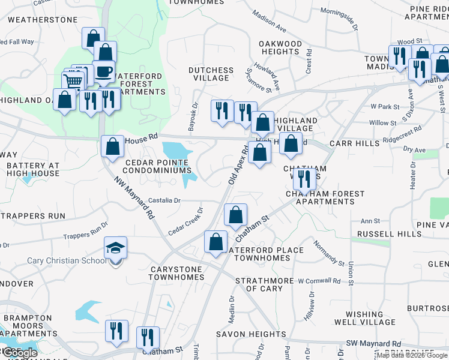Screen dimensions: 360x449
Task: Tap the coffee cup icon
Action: coord(104,71)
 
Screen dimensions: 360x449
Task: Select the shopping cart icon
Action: coord(73,82)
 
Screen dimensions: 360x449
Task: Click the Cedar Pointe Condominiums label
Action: coord(159,166)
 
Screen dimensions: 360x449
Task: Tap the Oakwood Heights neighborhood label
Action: coord(280,48)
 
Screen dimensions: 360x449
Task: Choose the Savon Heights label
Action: coord(252,334)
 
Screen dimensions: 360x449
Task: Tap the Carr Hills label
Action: coord(355,143)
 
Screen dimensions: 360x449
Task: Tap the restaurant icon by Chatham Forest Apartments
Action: coord(304,178)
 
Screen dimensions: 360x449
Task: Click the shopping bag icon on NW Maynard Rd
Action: coord(112,146)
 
